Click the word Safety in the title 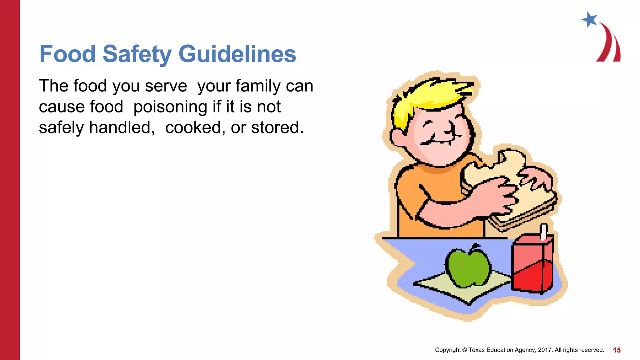(137, 54)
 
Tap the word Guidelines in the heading (237, 54)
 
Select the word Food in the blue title (67, 54)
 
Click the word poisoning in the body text (170, 107)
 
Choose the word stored (277, 127)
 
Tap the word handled (122, 127)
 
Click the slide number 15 (617, 350)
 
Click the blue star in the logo (589, 20)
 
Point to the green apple (468, 268)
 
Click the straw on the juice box (544, 232)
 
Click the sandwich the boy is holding (512, 187)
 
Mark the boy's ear (397, 137)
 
